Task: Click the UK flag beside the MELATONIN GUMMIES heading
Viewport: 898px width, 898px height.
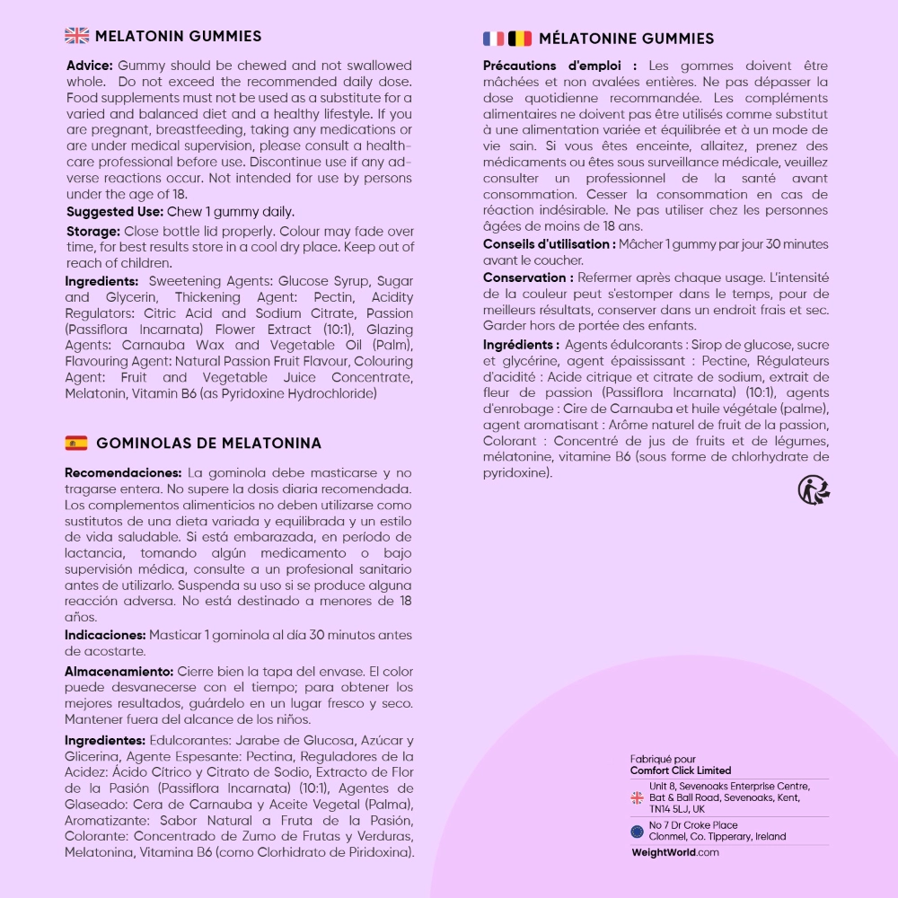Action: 77,36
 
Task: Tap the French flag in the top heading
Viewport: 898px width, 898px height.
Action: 494,38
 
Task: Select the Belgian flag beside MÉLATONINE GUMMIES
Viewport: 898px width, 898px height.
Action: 520,38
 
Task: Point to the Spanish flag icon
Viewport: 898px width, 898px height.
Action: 76,443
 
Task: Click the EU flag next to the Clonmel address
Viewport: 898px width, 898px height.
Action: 637,831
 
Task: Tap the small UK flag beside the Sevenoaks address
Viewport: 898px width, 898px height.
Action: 637,797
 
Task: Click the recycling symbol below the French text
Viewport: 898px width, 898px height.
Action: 814,490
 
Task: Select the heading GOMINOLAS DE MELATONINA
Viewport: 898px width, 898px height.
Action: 208,443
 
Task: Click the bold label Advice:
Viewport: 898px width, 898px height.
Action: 90,66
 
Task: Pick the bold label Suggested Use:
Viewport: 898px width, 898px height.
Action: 114,212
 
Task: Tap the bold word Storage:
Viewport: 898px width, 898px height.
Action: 93,231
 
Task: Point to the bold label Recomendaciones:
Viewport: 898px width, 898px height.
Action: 123,472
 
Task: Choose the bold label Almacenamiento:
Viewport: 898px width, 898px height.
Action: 119,671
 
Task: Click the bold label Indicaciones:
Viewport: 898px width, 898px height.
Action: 105,635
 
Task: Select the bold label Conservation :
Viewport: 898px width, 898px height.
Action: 528,277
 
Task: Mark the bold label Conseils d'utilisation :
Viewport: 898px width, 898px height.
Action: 549,244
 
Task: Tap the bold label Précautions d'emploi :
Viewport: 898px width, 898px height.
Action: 559,66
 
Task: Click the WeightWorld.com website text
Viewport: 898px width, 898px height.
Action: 675,852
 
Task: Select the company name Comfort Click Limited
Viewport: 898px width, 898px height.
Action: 680,770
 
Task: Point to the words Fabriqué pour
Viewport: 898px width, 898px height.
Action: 663,759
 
